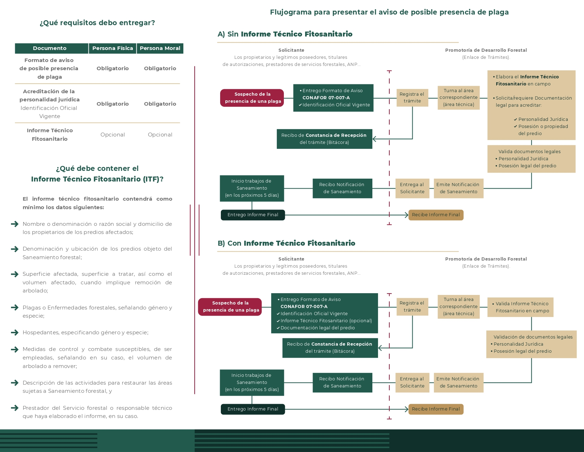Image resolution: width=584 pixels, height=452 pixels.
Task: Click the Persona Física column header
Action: click(x=113, y=49)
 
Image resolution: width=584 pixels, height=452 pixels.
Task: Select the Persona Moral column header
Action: click(x=160, y=49)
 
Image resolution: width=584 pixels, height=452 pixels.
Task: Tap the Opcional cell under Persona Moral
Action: click(x=160, y=135)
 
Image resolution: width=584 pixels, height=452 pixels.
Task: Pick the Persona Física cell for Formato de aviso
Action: click(x=113, y=68)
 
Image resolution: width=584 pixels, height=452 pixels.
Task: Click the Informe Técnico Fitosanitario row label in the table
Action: click(x=50, y=135)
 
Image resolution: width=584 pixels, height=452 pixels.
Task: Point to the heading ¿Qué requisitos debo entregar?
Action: click(x=97, y=23)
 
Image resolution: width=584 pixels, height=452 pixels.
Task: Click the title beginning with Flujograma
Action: click(x=389, y=12)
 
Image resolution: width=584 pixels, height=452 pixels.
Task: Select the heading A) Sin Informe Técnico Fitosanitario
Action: click(x=285, y=34)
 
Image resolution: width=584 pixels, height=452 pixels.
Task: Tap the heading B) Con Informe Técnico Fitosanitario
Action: click(x=286, y=243)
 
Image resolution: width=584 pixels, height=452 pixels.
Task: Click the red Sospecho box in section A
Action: click(x=252, y=98)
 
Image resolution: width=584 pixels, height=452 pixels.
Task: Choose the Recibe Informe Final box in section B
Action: click(x=436, y=409)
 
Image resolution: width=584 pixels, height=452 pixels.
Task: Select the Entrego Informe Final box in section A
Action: click(x=253, y=215)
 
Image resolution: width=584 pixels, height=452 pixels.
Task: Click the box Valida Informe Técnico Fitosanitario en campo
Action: click(x=520, y=307)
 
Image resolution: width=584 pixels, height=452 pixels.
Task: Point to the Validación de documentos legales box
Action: click(x=531, y=344)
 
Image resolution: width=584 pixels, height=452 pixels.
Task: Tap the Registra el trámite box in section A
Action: click(x=412, y=98)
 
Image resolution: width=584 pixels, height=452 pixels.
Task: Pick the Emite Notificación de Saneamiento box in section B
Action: click(x=458, y=383)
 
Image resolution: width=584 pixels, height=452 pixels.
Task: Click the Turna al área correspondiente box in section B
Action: click(x=458, y=307)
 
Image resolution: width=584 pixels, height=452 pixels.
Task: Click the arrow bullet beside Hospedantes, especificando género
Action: click(x=15, y=333)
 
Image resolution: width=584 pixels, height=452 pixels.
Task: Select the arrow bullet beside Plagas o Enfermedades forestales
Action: click(x=15, y=307)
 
